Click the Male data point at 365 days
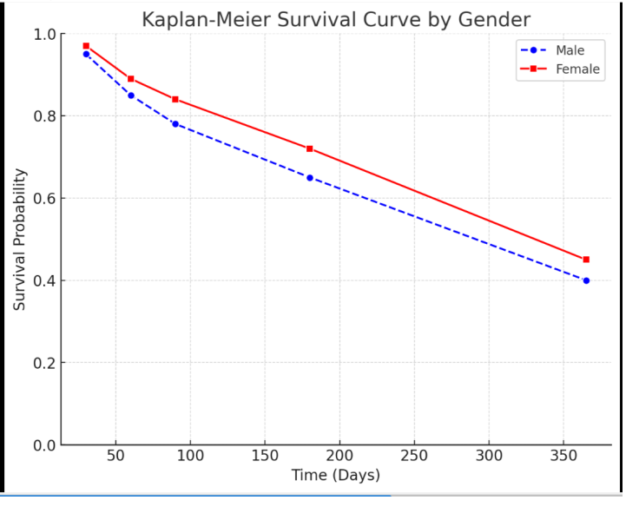click(x=586, y=280)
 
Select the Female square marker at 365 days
click(x=586, y=260)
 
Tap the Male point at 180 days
click(x=310, y=177)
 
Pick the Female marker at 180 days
click(x=310, y=148)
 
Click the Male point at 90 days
click(x=175, y=124)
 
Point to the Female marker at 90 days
click(x=175, y=99)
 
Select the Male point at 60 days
click(x=130, y=95)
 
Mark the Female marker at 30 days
click(x=86, y=45)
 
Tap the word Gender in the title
click(x=497, y=19)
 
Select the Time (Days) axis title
click(x=335, y=475)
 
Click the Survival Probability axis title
click(x=20, y=240)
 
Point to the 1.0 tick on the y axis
click(x=45, y=35)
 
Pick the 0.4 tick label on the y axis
click(x=45, y=280)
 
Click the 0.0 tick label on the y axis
click(x=45, y=445)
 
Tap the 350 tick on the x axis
click(x=564, y=456)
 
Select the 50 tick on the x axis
click(x=115, y=456)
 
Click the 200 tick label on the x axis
click(x=339, y=456)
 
